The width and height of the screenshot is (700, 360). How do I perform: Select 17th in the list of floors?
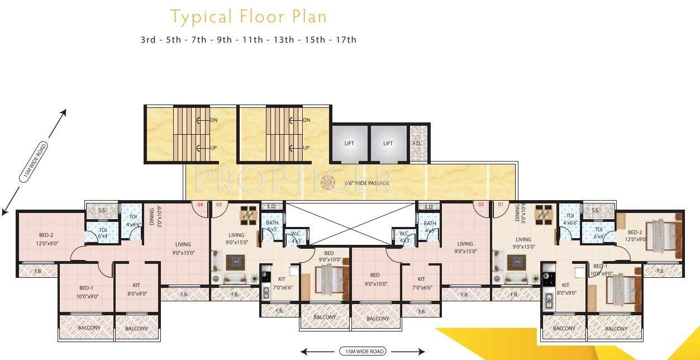(344, 40)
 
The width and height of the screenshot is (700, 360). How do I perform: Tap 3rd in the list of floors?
(148, 40)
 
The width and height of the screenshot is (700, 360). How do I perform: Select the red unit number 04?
(199, 205)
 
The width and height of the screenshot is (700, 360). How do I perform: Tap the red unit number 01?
(500, 205)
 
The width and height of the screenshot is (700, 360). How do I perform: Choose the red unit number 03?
(218, 205)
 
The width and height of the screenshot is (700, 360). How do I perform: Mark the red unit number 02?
(481, 205)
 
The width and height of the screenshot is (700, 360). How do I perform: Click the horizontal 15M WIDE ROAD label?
(362, 352)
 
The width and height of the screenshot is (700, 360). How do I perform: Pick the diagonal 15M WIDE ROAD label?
(34, 162)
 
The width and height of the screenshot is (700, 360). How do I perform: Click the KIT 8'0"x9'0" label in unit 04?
(136, 288)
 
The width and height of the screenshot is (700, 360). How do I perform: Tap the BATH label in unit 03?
(272, 223)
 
